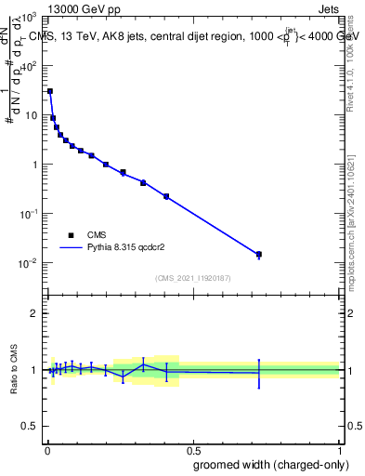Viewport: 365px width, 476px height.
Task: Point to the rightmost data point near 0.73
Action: coord(259,254)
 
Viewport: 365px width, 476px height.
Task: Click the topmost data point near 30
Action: coord(49,91)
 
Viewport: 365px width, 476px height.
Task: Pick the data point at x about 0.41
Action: coord(166,196)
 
